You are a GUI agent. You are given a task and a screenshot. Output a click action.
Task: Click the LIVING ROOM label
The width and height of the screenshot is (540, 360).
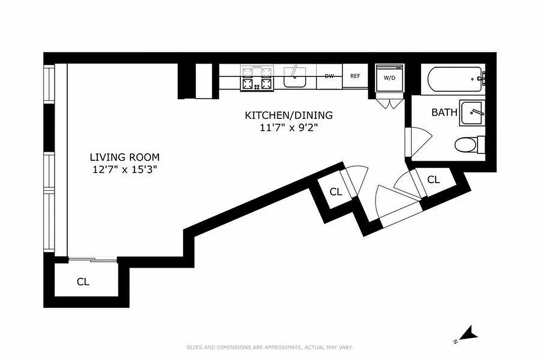tap(125, 157)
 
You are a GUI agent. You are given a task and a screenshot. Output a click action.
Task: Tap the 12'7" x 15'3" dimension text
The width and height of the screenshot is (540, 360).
tap(125, 170)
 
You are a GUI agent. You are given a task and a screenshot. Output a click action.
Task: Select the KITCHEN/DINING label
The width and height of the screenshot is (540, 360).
tap(288, 115)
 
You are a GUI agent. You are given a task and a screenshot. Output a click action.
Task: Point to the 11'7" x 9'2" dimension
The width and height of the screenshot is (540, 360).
tap(288, 127)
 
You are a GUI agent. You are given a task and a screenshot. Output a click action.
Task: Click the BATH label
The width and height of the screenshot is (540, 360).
tap(444, 112)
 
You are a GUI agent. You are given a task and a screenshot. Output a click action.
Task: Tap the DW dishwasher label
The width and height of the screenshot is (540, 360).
tap(329, 76)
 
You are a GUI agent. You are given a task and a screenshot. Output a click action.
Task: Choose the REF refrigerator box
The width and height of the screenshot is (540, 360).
tap(355, 76)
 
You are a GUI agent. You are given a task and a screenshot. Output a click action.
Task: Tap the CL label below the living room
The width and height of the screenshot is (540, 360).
tap(83, 282)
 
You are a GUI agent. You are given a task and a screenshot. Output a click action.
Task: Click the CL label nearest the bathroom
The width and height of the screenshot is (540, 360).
tap(433, 180)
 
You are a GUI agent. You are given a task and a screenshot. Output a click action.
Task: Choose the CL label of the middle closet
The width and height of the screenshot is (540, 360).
tap(336, 192)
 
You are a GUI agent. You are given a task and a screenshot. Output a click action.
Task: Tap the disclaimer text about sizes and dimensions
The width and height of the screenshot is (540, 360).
tap(270, 347)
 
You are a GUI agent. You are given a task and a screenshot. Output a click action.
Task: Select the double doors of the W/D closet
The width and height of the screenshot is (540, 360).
tap(389, 103)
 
